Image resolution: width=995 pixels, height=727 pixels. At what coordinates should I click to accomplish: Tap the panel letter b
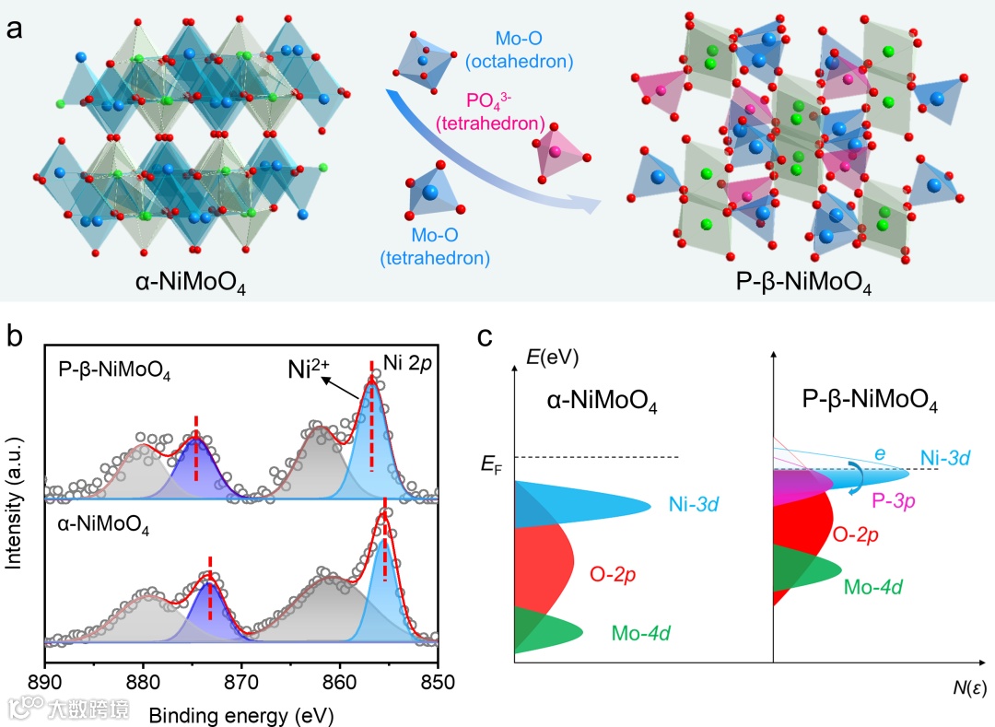coord(16,334)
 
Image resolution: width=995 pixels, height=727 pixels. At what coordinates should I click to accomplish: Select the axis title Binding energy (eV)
coord(241,713)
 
